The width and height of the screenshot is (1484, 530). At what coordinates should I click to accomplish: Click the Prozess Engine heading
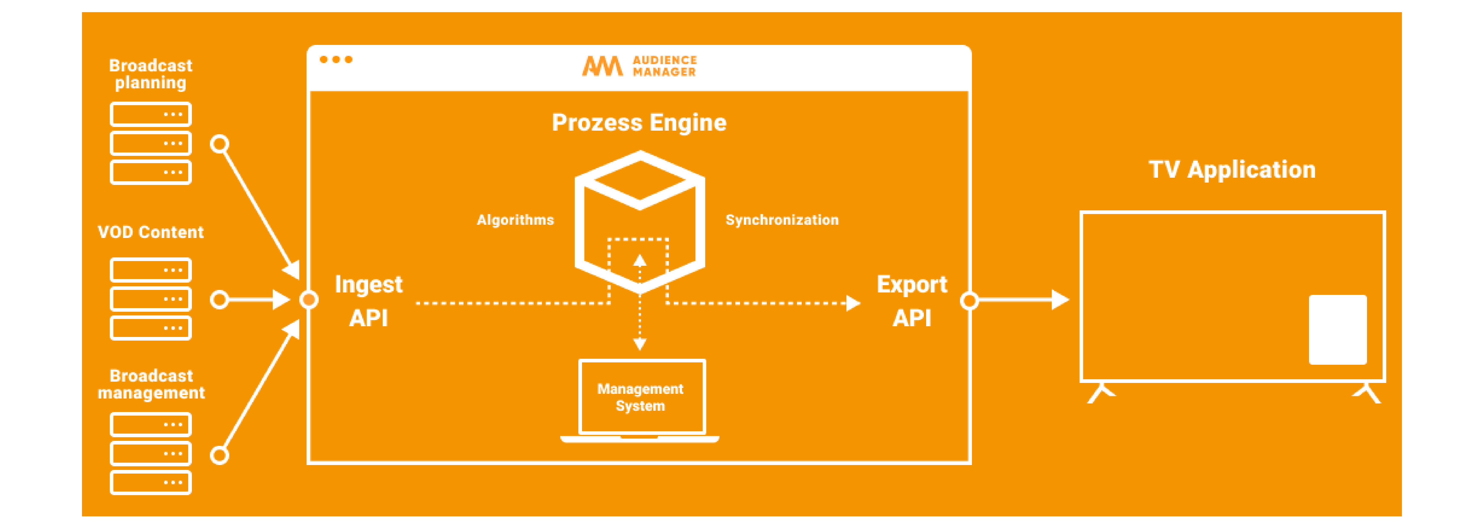click(639, 123)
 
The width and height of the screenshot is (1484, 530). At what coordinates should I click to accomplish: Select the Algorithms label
click(515, 220)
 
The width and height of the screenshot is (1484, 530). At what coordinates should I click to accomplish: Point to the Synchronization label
click(782, 220)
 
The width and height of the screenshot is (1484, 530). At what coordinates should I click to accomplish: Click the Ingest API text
click(369, 301)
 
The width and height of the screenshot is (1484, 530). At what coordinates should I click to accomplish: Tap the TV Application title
click(1232, 170)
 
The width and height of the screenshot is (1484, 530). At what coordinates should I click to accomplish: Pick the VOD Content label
click(150, 232)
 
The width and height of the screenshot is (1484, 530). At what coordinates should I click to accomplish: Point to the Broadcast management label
click(151, 384)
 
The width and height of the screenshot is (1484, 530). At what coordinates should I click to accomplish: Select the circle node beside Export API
click(970, 300)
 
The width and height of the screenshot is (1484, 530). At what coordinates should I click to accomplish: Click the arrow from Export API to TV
click(1023, 300)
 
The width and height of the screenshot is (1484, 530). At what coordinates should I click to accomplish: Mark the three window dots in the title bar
click(336, 59)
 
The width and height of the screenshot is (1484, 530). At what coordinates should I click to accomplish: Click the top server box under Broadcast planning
click(150, 114)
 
